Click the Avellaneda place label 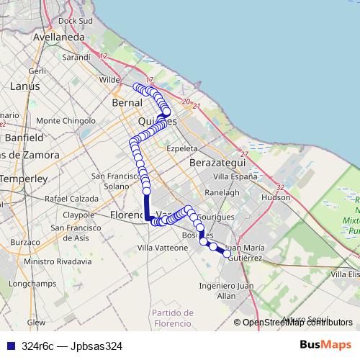tap(59, 36)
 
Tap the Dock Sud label tap(76, 21)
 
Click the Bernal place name tap(127, 103)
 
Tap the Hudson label tap(276, 196)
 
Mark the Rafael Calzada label tap(71, 198)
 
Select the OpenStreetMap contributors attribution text tap(297, 322)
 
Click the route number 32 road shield tap(279, 187)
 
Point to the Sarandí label tap(76, 56)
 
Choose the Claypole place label tap(79, 215)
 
